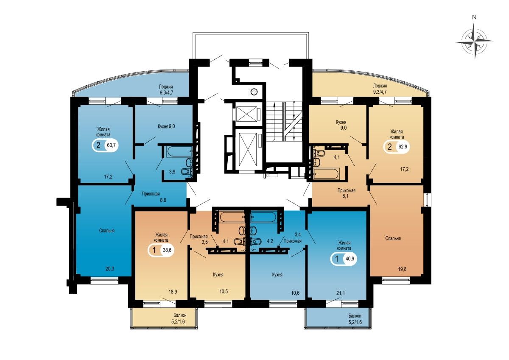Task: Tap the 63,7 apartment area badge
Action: pyautogui.click(x=105, y=145)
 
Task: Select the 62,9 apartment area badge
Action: pyautogui.click(x=397, y=146)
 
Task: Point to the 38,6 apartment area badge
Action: pyautogui.click(x=161, y=250)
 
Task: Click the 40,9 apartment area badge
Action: pyautogui.click(x=344, y=259)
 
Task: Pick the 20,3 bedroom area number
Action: pyautogui.click(x=109, y=269)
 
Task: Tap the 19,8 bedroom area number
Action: pyautogui.click(x=402, y=269)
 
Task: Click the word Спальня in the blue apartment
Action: pyautogui.click(x=107, y=231)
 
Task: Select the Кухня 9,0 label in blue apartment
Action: pyautogui.click(x=166, y=126)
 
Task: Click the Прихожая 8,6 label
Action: pyautogui.click(x=151, y=197)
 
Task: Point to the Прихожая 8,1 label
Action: pyautogui.click(x=346, y=193)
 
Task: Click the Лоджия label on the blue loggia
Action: pyautogui.click(x=166, y=87)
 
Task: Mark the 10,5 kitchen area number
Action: pyautogui.click(x=224, y=291)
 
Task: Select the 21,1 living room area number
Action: pyautogui.click(x=340, y=293)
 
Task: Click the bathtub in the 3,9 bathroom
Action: pyautogui.click(x=179, y=151)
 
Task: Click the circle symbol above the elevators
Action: pyautogui.click(x=254, y=92)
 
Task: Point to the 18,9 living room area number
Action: pyautogui.click(x=173, y=292)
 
